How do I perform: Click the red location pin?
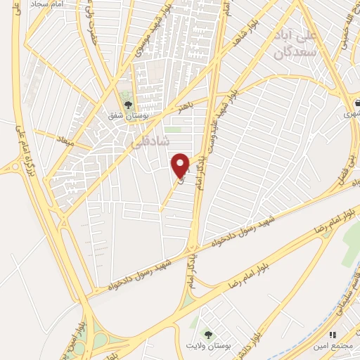[x=181, y=165]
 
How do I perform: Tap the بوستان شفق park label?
[x=127, y=116]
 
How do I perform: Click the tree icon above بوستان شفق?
[x=127, y=105]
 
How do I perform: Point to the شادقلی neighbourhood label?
[x=151, y=139]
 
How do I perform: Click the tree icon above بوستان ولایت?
[x=207, y=333]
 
